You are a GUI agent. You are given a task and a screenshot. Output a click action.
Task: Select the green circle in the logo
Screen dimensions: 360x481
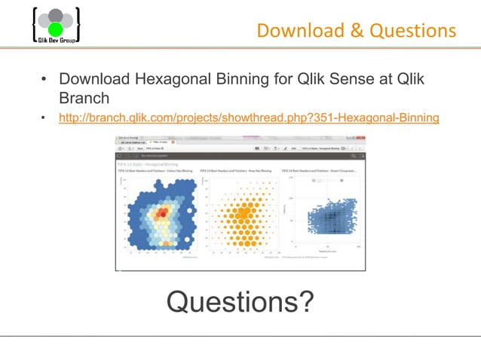[55, 29]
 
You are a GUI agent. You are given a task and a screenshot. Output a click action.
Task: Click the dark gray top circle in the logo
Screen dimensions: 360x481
[55, 15]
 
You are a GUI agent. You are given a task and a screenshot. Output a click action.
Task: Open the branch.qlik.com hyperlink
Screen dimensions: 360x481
[249, 118]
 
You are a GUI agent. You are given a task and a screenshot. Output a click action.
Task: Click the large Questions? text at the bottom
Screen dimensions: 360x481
[240, 301]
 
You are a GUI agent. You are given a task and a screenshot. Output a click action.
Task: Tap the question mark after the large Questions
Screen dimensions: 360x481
[305, 301]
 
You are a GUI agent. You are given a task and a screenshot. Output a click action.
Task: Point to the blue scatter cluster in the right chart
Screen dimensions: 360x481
[326, 218]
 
